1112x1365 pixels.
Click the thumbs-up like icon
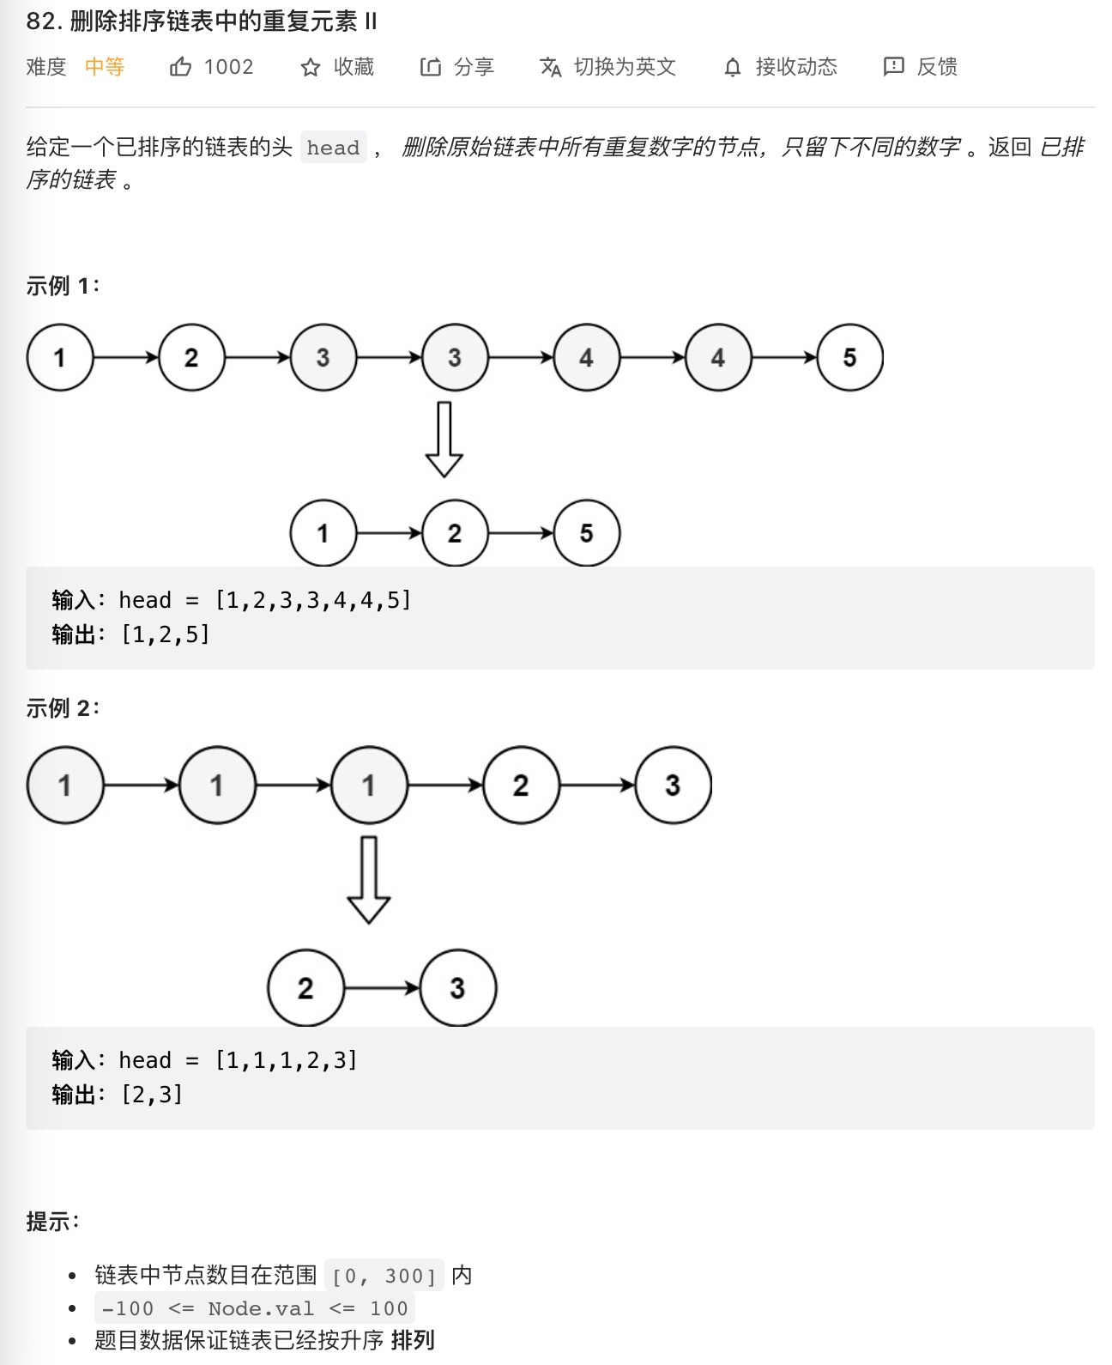click(x=180, y=67)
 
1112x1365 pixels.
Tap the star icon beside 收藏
click(x=311, y=68)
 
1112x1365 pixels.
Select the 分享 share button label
click(x=474, y=67)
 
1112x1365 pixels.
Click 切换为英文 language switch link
click(x=625, y=67)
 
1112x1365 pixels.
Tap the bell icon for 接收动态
click(x=732, y=68)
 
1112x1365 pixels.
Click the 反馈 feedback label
click(x=937, y=67)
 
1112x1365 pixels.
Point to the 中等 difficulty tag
click(x=105, y=67)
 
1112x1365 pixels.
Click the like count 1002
click(x=229, y=67)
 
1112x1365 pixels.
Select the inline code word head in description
click(x=333, y=148)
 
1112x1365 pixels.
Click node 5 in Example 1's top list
click(x=849, y=357)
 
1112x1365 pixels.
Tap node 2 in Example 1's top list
click(x=191, y=357)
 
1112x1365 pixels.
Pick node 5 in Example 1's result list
click(x=586, y=533)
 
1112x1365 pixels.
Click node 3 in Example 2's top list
click(x=673, y=785)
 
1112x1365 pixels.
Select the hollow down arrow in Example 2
click(x=369, y=880)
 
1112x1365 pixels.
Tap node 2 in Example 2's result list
click(x=305, y=988)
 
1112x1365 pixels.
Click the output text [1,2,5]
click(x=166, y=634)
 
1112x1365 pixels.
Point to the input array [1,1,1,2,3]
click(x=286, y=1060)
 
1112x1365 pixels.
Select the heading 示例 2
click(x=62, y=708)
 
